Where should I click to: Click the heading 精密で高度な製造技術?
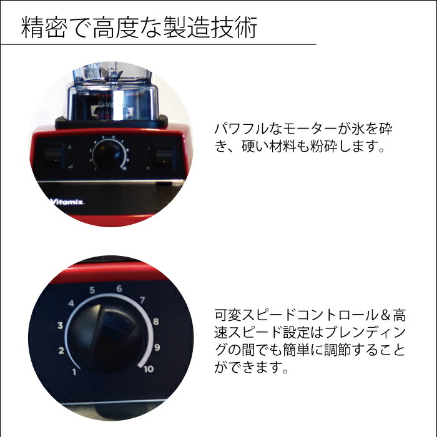(139, 28)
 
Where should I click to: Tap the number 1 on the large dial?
(75, 373)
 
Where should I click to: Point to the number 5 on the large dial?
(92, 290)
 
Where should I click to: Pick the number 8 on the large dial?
(155, 323)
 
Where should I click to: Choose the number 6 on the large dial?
(118, 288)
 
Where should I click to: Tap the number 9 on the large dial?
(158, 347)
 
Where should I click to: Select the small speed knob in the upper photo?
(109, 154)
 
